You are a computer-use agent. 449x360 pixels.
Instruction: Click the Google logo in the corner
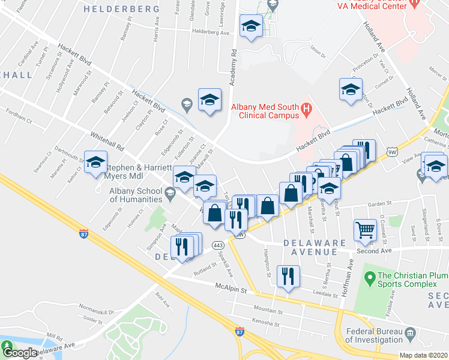(19, 353)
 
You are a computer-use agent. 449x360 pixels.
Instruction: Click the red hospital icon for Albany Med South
(307, 109)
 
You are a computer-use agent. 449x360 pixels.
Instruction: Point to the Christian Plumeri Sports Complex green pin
(369, 278)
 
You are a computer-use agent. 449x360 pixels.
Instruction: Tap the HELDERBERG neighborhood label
(121, 9)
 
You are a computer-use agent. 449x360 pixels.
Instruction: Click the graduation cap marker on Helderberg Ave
(251, 26)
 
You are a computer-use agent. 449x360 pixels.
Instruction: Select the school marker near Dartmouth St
(95, 163)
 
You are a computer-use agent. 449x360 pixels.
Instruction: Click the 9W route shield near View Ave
(393, 152)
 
